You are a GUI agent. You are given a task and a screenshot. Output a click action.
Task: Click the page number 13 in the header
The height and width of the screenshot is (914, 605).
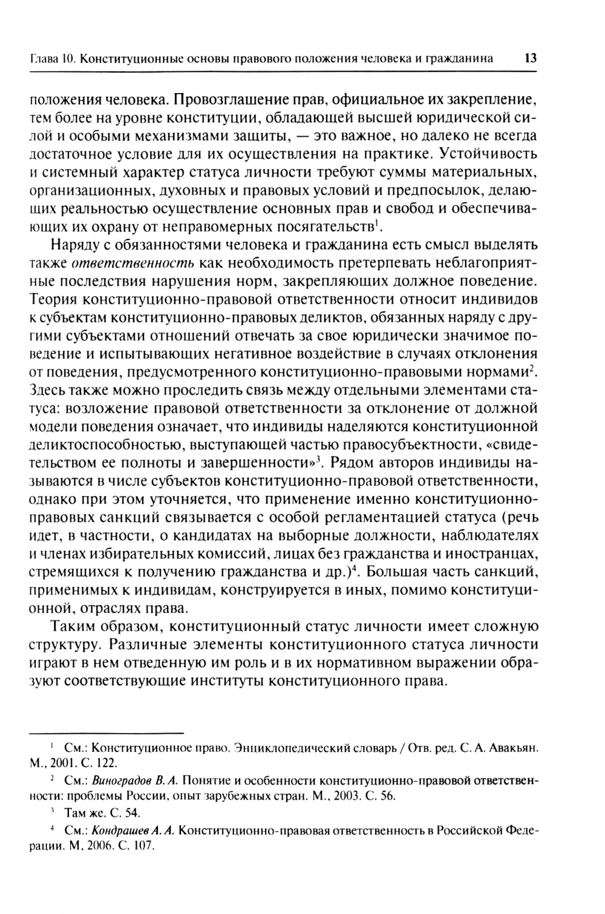point(531,59)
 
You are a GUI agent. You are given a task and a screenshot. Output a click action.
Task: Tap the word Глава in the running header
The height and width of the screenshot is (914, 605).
point(45,59)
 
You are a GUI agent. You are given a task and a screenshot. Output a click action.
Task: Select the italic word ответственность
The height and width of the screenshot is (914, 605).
point(132,264)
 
